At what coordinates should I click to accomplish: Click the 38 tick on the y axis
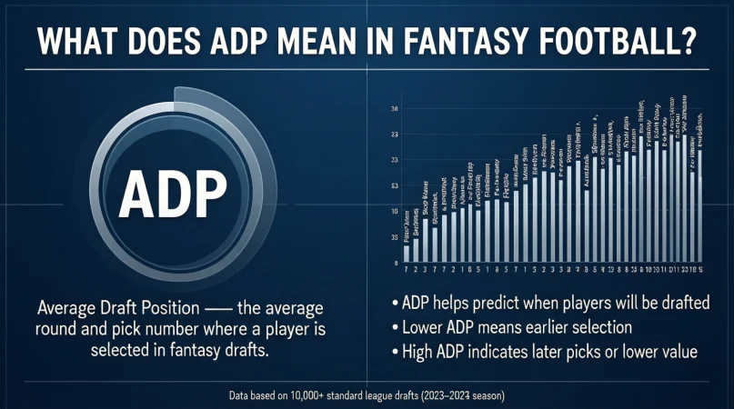click(x=394, y=110)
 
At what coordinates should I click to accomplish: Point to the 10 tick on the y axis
click(x=394, y=212)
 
